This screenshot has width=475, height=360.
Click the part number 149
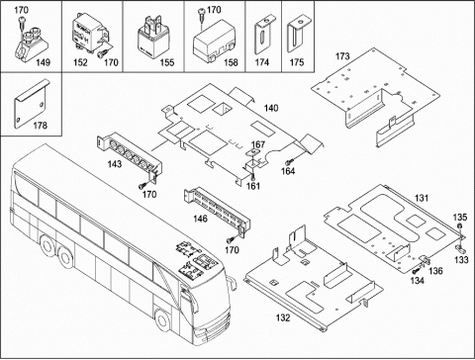point(43,62)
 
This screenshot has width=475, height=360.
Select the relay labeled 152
point(88,33)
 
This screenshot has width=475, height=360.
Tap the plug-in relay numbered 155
point(151,38)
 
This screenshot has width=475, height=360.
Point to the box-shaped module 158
point(214,41)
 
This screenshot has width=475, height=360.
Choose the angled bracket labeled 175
point(298,34)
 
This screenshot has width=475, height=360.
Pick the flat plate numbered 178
point(31,104)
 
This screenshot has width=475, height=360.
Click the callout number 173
point(342,56)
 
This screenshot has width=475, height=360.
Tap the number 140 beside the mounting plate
point(271,108)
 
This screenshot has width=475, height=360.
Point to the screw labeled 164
point(289,161)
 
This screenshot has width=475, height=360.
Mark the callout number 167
point(258,144)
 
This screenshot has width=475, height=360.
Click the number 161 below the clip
point(253,186)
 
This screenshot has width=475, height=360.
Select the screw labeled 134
point(416,271)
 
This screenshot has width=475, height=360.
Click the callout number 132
point(283,317)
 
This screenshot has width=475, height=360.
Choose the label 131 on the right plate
point(422,198)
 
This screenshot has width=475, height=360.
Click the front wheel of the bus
point(161,320)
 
